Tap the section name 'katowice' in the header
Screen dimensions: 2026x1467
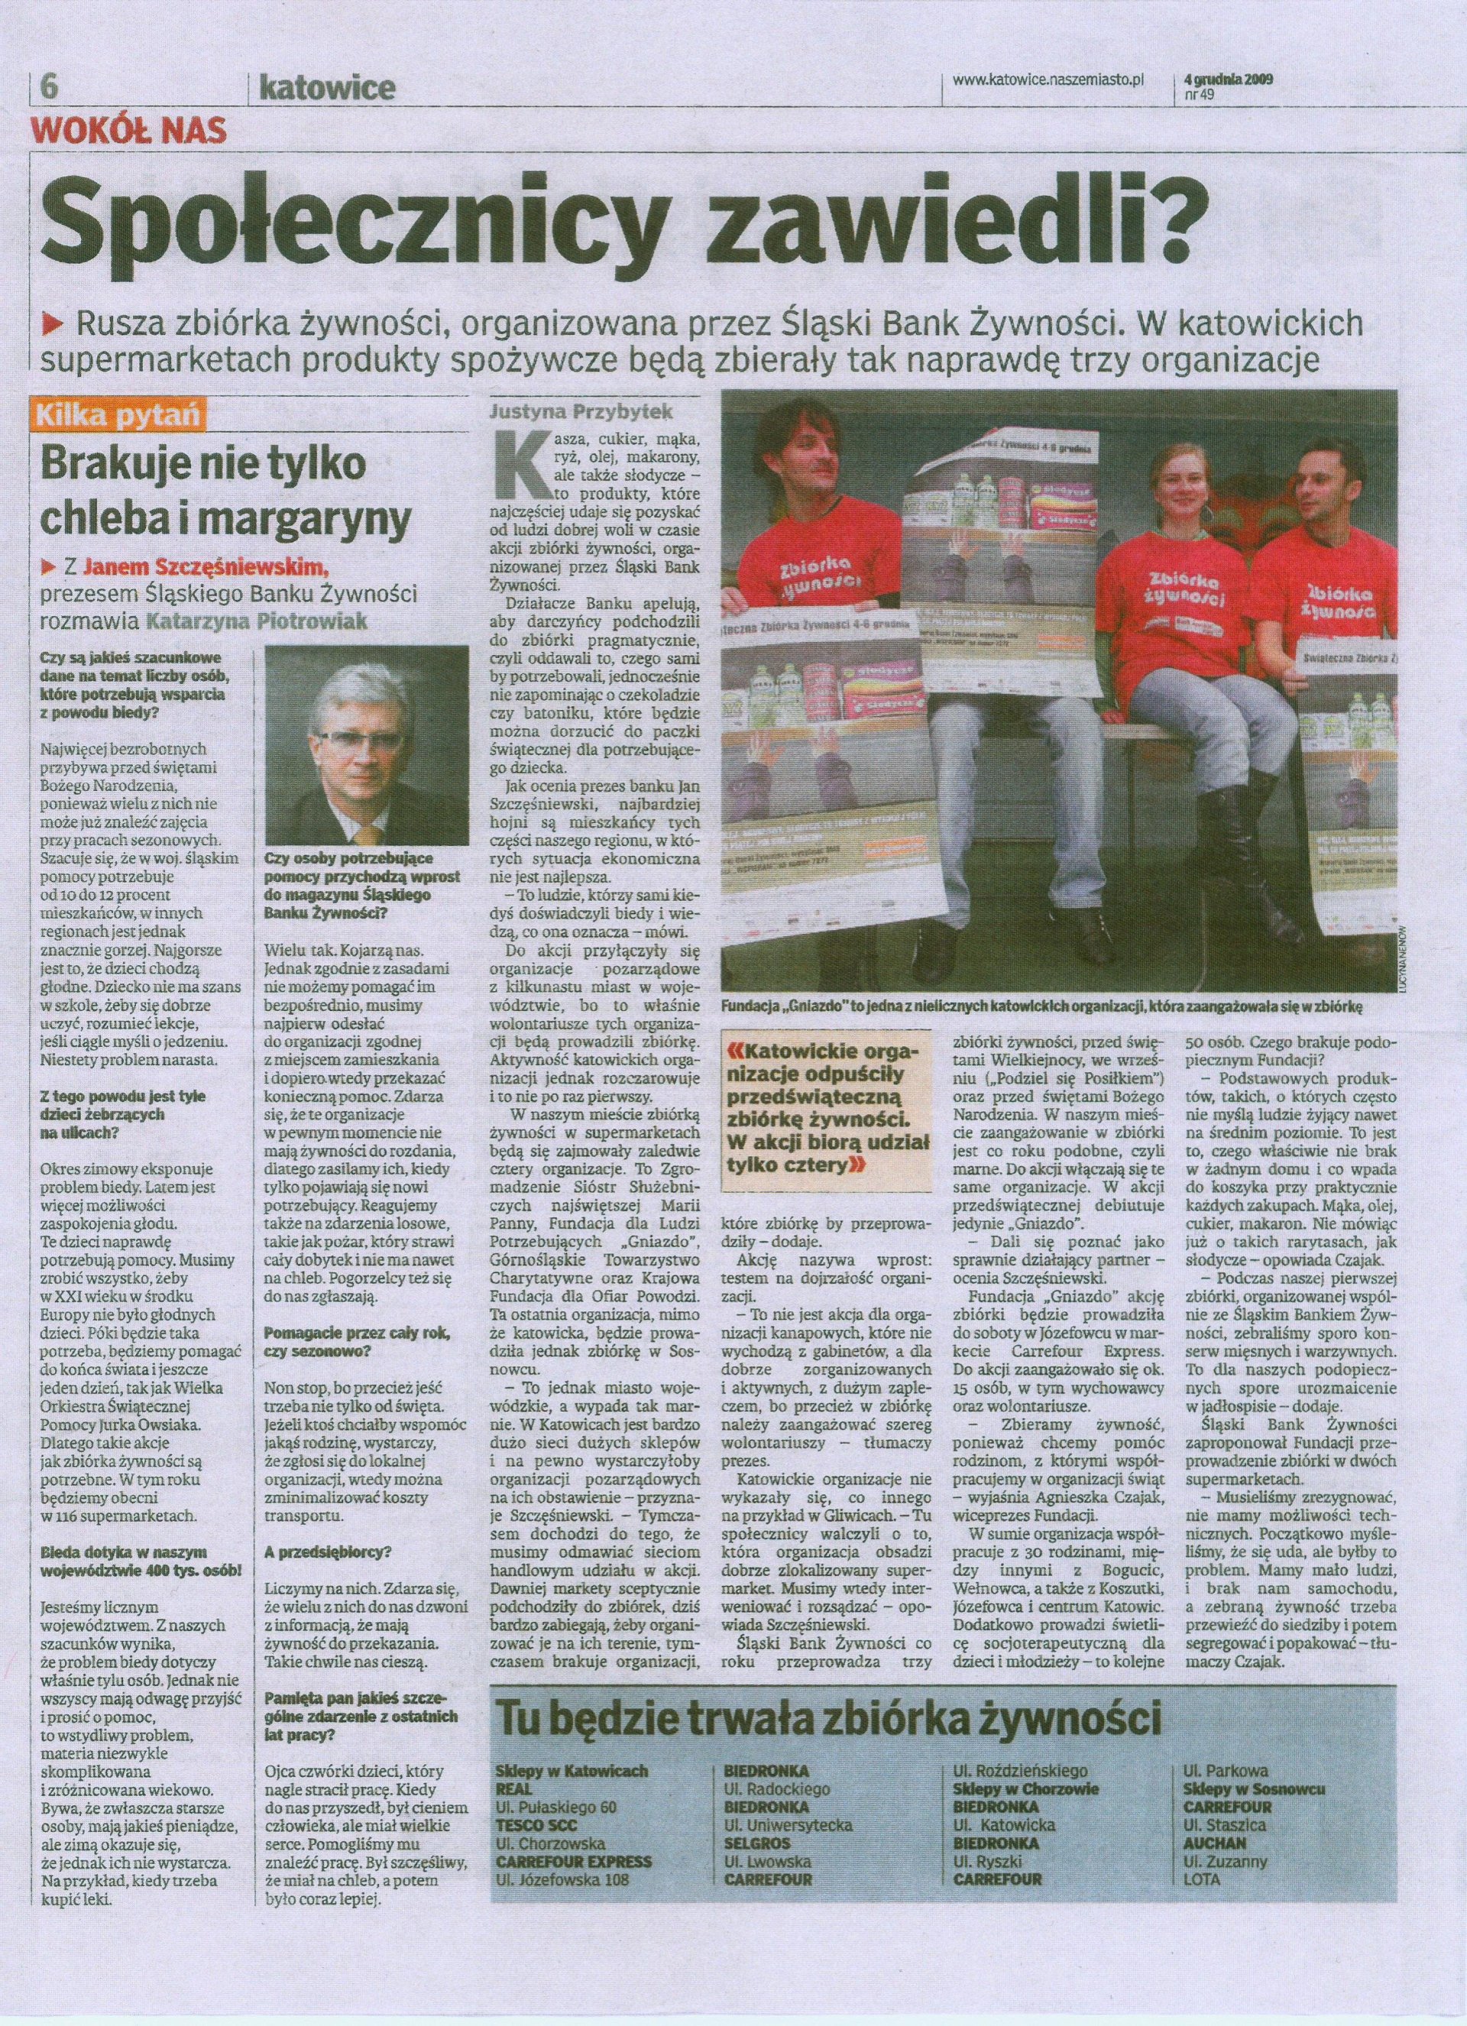click(326, 89)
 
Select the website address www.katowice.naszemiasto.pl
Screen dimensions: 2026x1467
click(1048, 80)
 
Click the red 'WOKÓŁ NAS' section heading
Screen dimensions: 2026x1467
click(129, 132)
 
